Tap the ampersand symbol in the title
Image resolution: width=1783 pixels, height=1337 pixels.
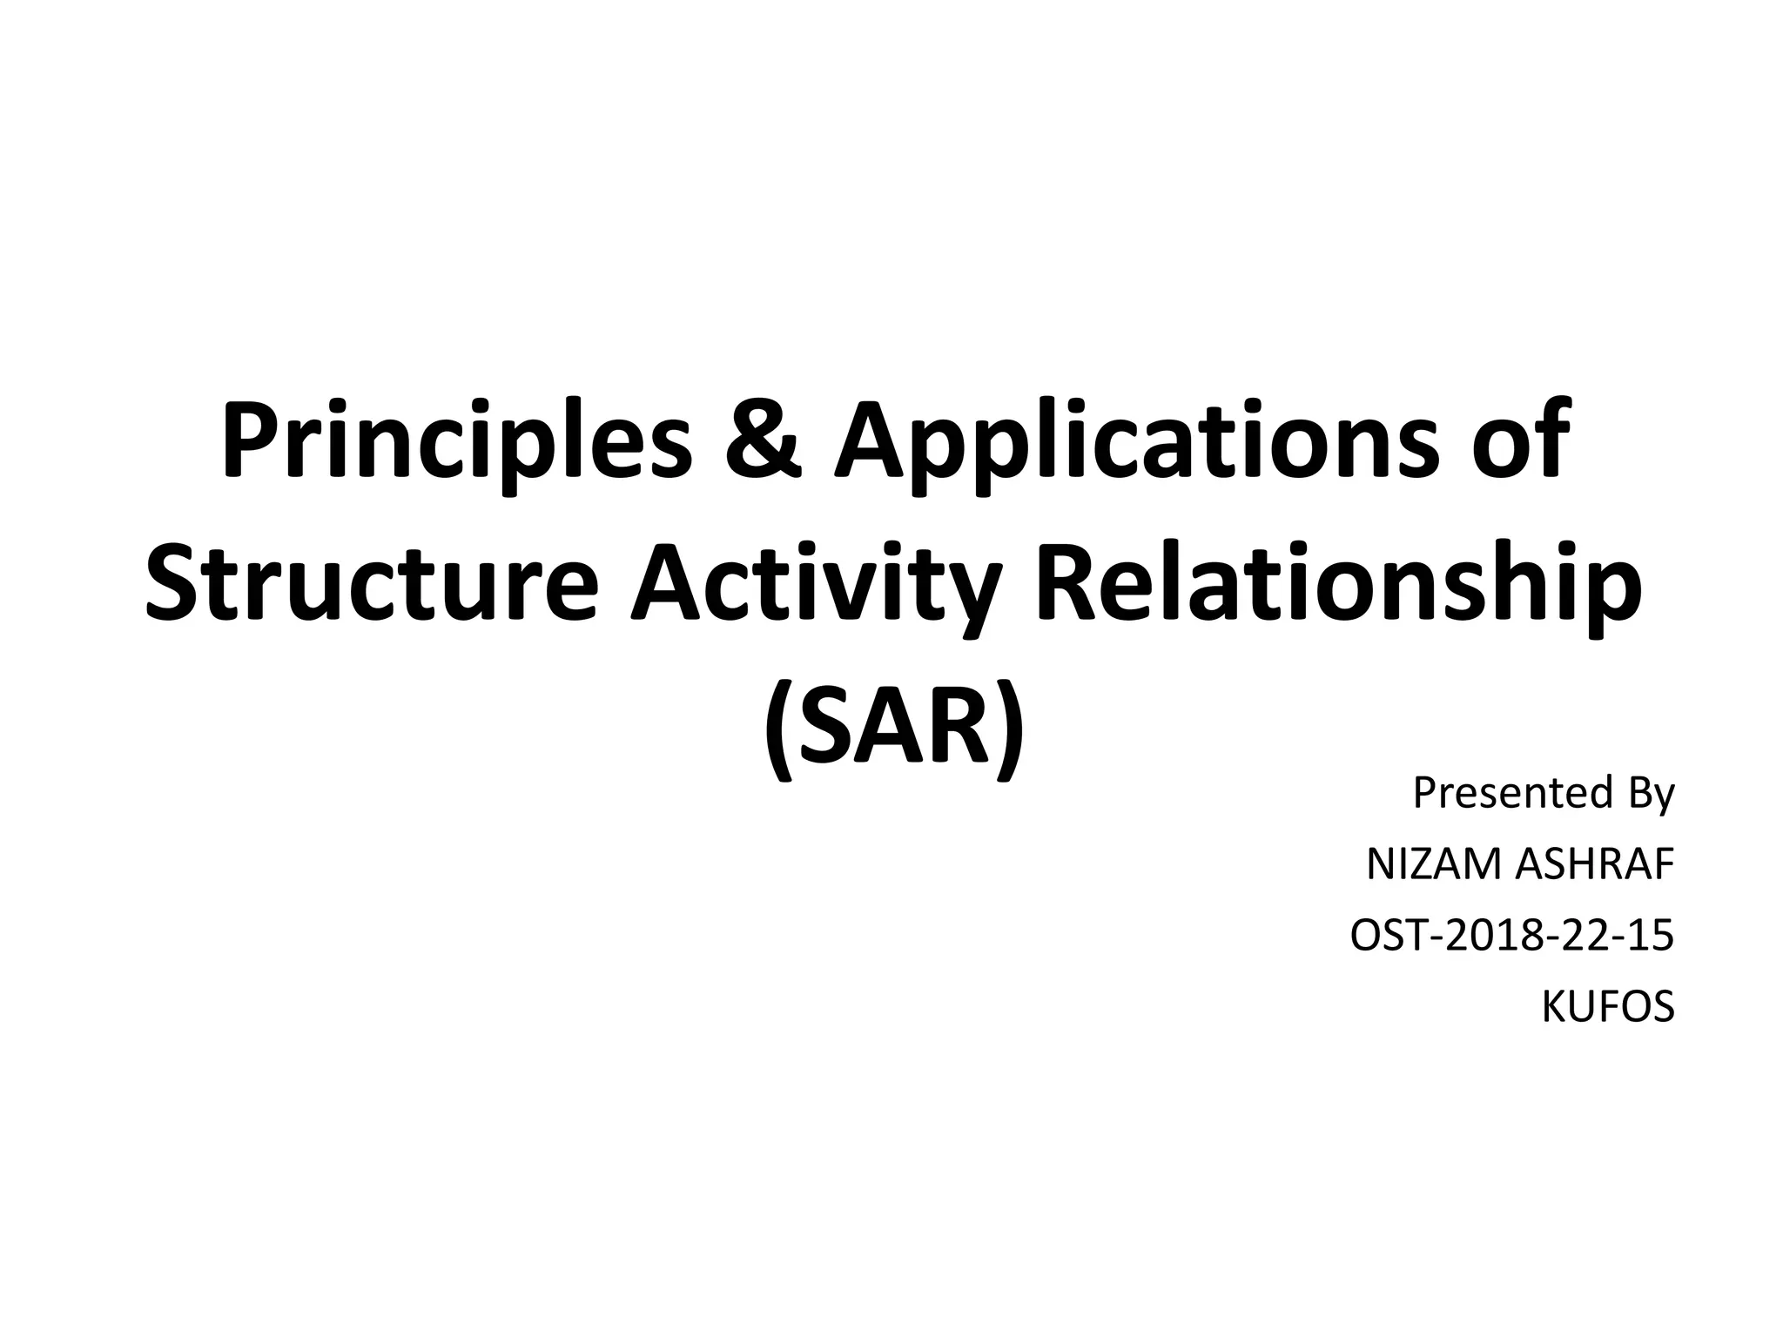(x=757, y=440)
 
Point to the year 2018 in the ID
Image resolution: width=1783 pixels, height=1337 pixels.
(x=1485, y=937)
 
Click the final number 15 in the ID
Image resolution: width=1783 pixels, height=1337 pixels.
(x=1651, y=937)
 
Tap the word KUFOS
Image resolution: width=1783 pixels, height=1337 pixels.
(x=1607, y=1008)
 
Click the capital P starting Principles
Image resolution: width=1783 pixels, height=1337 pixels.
(x=248, y=440)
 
